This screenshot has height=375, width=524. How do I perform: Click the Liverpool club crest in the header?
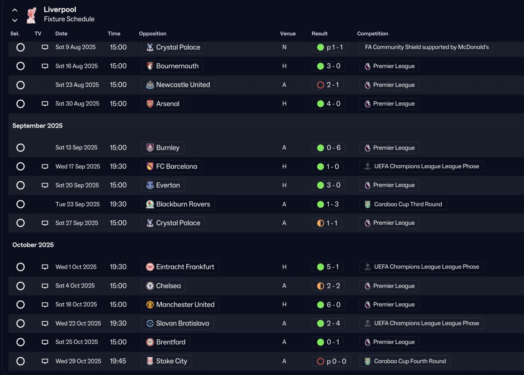(x=31, y=15)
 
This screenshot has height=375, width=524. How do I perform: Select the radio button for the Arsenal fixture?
(x=20, y=104)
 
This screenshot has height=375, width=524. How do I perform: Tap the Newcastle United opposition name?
(x=183, y=85)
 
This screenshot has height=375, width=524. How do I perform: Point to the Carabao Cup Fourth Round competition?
(x=410, y=361)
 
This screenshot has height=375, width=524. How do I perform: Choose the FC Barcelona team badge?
(x=150, y=167)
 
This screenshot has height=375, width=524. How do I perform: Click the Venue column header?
(x=287, y=34)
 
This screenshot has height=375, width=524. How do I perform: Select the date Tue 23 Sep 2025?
(x=77, y=204)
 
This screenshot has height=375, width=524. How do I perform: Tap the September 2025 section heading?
(x=37, y=126)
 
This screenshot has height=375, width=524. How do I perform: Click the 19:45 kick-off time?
(x=118, y=361)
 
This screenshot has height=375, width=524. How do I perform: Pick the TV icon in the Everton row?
(x=45, y=185)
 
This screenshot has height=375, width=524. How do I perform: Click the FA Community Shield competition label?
(x=427, y=47)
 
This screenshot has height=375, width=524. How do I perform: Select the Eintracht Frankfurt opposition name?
(x=185, y=267)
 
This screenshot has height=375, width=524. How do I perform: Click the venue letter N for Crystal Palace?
(x=284, y=47)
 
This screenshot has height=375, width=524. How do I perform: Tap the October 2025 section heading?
(x=33, y=245)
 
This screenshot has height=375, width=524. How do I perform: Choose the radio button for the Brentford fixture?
(x=20, y=342)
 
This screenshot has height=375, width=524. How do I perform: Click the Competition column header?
(x=372, y=34)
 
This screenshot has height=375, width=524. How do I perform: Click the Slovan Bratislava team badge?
(x=150, y=323)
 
